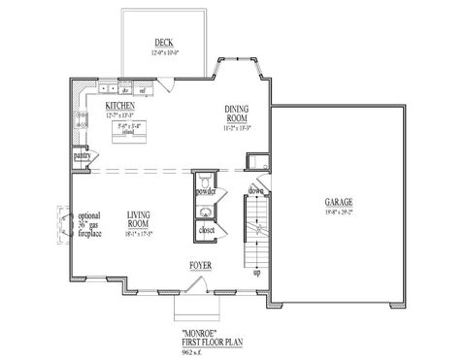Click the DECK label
163,42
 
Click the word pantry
81,155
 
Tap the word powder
205,192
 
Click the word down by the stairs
256,191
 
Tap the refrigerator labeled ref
142,91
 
